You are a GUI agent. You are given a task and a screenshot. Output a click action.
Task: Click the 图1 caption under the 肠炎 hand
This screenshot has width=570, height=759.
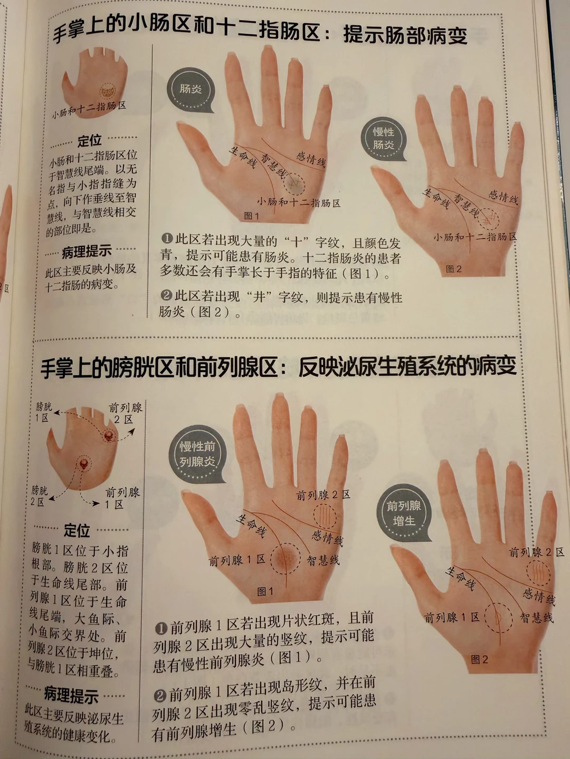pyautogui.click(x=252, y=216)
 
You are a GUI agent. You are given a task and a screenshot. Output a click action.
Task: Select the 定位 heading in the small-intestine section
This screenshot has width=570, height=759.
pyautogui.click(x=89, y=140)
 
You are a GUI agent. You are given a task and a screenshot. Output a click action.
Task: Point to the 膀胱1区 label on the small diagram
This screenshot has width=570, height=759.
pyautogui.click(x=44, y=412)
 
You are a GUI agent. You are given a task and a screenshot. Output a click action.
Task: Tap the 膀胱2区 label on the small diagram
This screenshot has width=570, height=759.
pyautogui.click(x=39, y=496)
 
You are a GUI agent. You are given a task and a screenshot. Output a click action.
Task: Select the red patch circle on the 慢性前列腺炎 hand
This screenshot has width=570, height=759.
pyautogui.click(x=286, y=558)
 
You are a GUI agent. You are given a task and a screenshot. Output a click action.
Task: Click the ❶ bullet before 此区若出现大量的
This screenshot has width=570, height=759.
pyautogui.click(x=167, y=238)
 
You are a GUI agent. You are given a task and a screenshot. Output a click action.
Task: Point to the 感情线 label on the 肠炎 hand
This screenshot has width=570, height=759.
pyautogui.click(x=311, y=160)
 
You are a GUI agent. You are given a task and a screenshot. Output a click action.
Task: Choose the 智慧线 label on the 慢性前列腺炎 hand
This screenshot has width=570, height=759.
pyautogui.click(x=323, y=560)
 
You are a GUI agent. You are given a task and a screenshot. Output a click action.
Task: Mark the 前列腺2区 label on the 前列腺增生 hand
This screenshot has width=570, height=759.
pyautogui.click(x=536, y=552)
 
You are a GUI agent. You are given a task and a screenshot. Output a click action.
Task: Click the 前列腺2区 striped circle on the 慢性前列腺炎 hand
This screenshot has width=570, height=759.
pyautogui.click(x=325, y=516)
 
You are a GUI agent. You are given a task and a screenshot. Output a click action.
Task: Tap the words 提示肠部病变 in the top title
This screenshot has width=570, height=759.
pyautogui.click(x=405, y=36)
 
